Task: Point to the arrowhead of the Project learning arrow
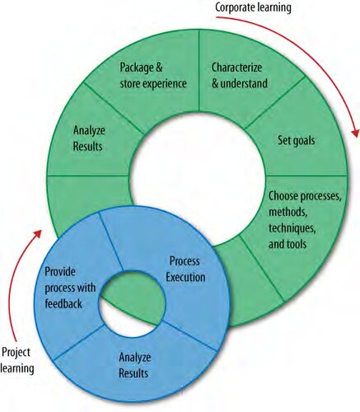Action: [x=38, y=234]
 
